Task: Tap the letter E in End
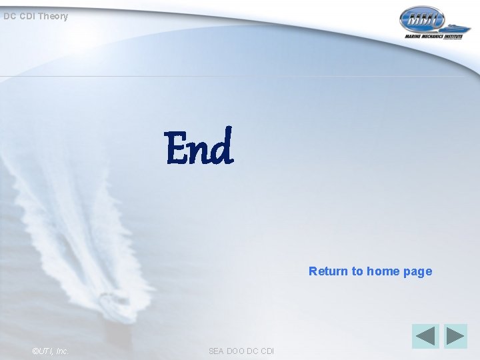[177, 147]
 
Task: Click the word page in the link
[417, 271]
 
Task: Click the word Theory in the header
[53, 16]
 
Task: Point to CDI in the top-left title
[26, 16]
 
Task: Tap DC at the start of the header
[9, 16]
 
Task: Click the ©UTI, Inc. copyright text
[50, 351]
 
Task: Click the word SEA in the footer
[217, 351]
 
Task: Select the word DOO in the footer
[237, 351]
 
